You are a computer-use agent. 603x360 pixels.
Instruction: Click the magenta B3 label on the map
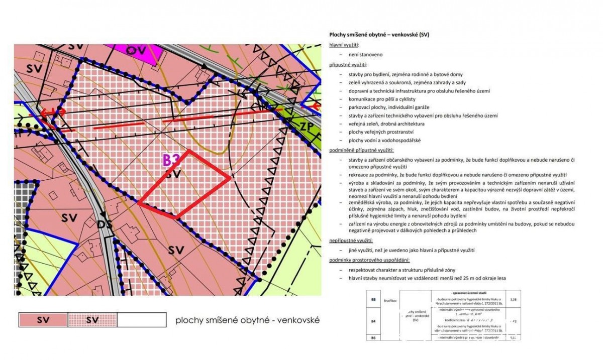point(172,160)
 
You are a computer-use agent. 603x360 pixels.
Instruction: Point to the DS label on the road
point(105,224)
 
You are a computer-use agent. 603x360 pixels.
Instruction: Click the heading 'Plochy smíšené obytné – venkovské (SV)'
point(379,35)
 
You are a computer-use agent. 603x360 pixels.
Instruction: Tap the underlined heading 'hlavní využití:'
point(344,45)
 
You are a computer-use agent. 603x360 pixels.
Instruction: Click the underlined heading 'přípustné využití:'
point(347,65)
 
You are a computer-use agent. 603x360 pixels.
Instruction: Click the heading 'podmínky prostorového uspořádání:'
point(369,260)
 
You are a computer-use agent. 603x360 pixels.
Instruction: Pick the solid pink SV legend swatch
point(43,320)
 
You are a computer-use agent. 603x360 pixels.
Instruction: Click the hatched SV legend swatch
point(92,320)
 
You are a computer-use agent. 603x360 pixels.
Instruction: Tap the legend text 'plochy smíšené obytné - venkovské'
point(247,320)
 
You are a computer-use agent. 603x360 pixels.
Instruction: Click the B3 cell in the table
point(373,300)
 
